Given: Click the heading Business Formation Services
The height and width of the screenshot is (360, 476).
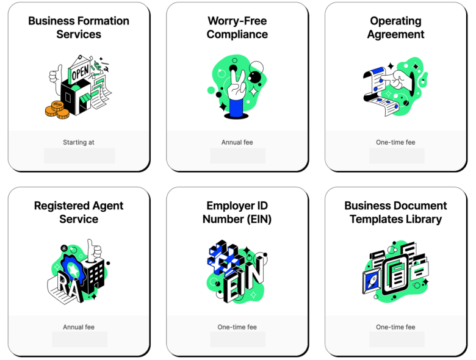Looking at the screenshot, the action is tap(79, 27).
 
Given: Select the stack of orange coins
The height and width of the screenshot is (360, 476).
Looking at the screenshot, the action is tap(57, 110).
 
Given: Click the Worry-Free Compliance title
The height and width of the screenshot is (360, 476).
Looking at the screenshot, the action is tap(237, 27).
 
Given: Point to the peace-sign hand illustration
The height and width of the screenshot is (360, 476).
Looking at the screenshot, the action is tap(237, 91).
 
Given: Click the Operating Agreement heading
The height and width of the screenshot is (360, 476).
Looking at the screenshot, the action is tap(395, 27).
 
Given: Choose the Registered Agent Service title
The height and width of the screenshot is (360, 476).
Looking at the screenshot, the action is tap(79, 212).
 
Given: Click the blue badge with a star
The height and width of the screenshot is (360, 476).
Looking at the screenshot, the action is tap(72, 268).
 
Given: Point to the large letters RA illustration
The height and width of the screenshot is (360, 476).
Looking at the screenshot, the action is tap(68, 287).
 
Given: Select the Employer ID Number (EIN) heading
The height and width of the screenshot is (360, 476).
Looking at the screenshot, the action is tap(237, 212).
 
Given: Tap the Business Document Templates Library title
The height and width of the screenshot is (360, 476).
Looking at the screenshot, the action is tap(395, 212).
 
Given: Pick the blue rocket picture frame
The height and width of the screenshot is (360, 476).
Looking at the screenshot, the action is tap(372, 283).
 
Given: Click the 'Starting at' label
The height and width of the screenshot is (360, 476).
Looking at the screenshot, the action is tap(79, 142).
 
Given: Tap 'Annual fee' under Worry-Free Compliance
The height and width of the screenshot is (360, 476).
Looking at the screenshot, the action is tap(237, 142).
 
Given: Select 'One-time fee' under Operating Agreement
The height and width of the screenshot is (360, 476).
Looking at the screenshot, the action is tap(395, 142).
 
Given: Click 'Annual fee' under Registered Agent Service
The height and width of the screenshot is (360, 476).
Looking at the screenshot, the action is tap(79, 327).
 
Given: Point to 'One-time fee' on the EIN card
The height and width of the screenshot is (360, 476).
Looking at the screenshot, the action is tap(237, 327).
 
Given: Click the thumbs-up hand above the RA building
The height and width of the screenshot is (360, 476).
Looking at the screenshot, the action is tap(93, 251).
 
